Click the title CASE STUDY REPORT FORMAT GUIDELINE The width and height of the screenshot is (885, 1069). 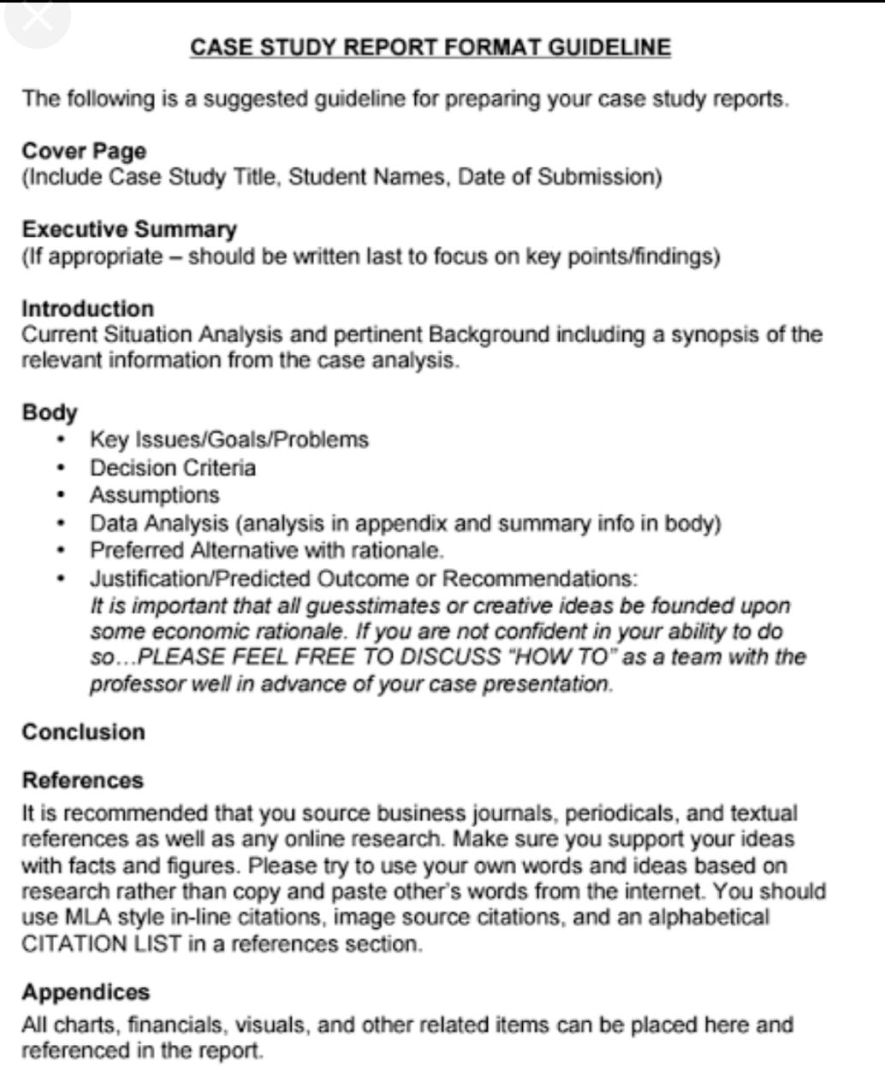point(431,47)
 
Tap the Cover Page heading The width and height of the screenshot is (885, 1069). point(84,151)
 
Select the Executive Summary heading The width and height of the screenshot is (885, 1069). point(129,229)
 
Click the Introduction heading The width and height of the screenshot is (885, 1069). point(88,309)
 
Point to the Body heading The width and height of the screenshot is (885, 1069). point(50,412)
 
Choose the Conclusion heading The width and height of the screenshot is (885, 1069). point(84,732)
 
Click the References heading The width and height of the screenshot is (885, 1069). point(83,780)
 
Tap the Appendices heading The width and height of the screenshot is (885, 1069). point(86,992)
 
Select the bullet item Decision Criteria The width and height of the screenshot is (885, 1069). point(173,468)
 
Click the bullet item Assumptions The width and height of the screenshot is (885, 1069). point(155,495)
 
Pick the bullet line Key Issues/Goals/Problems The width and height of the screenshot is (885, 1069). point(229,440)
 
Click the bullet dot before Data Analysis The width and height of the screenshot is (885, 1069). point(61,523)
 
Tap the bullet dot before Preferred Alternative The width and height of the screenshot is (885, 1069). point(61,550)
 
